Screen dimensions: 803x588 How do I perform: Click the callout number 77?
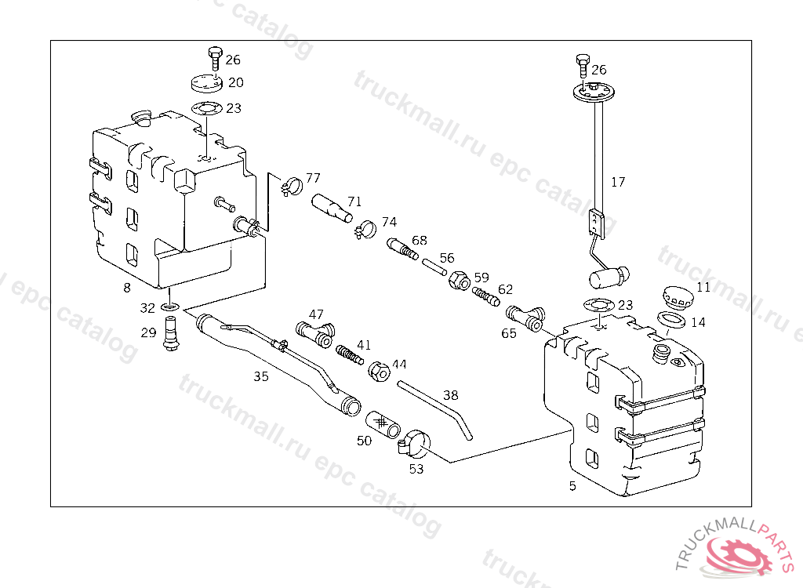[313, 178]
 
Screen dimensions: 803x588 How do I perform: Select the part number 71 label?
[354, 201]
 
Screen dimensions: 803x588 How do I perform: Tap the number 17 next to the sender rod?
[618, 182]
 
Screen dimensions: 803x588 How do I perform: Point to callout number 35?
[261, 376]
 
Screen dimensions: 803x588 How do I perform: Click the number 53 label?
[416, 469]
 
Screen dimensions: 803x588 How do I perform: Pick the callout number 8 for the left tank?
[127, 287]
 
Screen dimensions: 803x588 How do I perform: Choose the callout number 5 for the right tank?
[572, 486]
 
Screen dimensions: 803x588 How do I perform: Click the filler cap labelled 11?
[676, 298]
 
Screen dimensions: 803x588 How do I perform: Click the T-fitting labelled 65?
[525, 318]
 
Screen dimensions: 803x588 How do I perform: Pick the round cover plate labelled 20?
[205, 82]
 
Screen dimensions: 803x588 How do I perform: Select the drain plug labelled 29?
[170, 332]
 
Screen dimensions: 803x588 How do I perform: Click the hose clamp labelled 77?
[290, 187]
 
